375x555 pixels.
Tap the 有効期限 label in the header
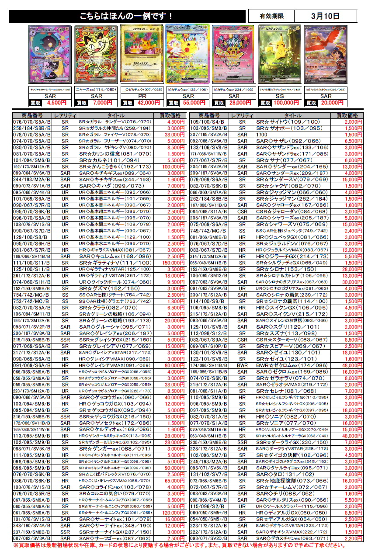(271, 16)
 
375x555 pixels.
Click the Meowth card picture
(96, 55)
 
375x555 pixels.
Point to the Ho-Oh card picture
(325, 55)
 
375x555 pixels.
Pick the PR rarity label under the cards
(142, 96)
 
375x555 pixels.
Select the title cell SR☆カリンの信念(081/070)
(115, 154)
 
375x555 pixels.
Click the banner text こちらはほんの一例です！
(126, 17)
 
